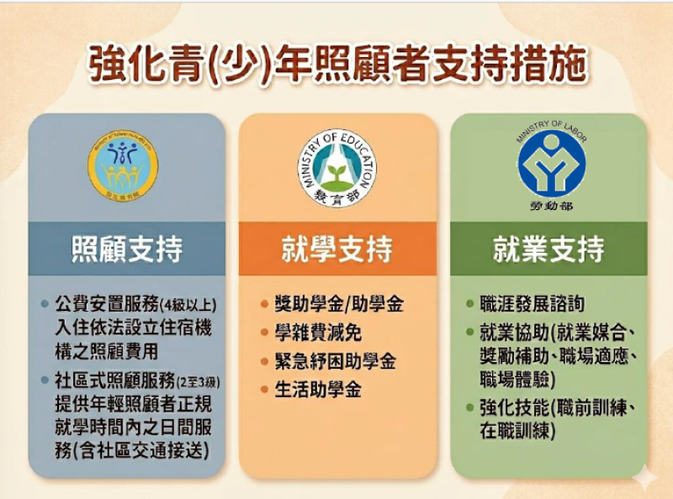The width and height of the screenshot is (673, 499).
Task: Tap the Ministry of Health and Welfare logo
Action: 123,164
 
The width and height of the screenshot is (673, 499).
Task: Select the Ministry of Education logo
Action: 337,165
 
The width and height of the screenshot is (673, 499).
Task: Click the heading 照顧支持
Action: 126,249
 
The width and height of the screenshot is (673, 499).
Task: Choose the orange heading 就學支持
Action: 337,249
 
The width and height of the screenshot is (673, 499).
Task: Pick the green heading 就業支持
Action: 548,249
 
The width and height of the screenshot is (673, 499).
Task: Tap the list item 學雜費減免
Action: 318,334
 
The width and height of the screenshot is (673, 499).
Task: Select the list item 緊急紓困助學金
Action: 335,362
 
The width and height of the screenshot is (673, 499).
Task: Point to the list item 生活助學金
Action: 318,391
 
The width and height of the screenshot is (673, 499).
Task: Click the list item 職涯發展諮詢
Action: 532,304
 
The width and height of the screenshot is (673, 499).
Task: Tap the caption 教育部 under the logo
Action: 337,198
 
